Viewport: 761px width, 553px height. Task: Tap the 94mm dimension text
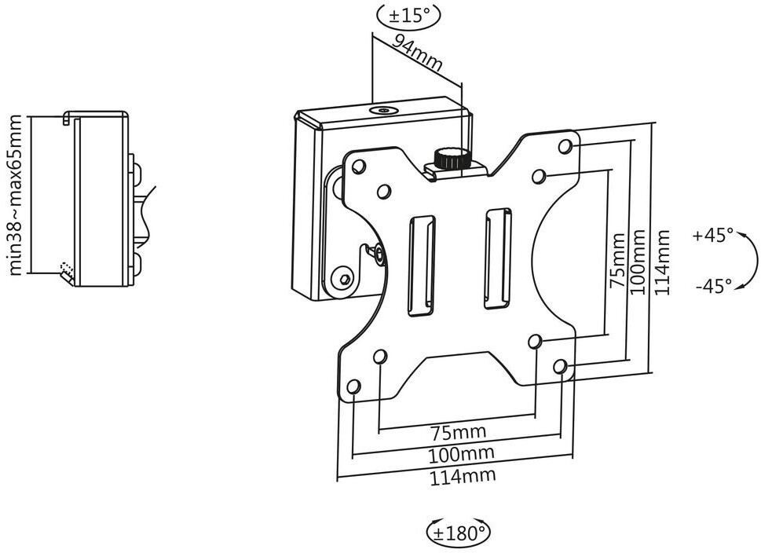pyautogui.click(x=417, y=53)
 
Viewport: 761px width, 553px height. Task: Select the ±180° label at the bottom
pyautogui.click(x=458, y=533)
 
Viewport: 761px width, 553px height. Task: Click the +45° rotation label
pyautogui.click(x=713, y=236)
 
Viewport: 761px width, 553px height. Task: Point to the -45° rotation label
pyautogui.click(x=713, y=287)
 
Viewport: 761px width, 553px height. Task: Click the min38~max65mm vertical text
pyautogui.click(x=16, y=195)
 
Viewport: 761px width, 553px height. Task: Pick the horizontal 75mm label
pyautogui.click(x=458, y=431)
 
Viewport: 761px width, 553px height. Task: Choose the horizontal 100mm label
pyautogui.click(x=461, y=454)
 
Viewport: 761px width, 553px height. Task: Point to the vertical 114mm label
pyautogui.click(x=662, y=262)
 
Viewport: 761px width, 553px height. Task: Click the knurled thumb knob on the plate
pyautogui.click(x=452, y=158)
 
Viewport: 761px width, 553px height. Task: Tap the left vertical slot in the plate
pyautogui.click(x=421, y=266)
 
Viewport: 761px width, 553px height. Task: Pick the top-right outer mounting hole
pyautogui.click(x=565, y=146)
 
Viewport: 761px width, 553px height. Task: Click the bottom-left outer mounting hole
pyautogui.click(x=354, y=387)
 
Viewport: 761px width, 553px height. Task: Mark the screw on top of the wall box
pyautogui.click(x=384, y=110)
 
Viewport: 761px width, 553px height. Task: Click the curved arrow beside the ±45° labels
pyautogui.click(x=753, y=262)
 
